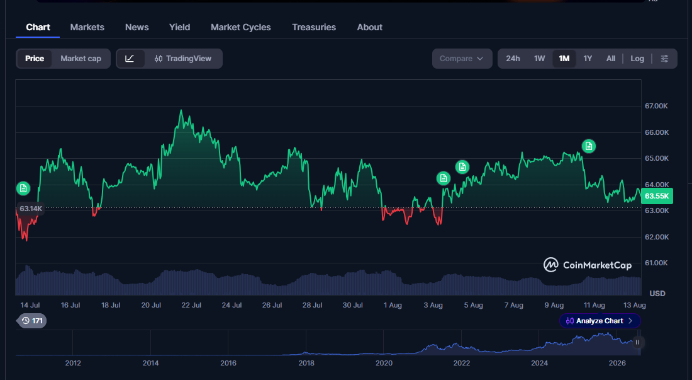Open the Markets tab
coord(87,27)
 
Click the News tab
coord(137,27)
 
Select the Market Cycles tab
coord(240,27)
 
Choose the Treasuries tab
coord(314,27)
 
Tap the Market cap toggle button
coord(81,59)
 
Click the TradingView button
coord(182,59)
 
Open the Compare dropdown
coord(462,59)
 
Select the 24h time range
coord(513,59)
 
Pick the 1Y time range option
coord(588,59)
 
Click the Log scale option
coord(637,59)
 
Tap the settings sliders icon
coord(664,59)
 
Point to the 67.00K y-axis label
coord(656,106)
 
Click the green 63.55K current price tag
coord(657,196)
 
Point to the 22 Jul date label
coord(191,306)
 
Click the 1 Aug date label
coord(393,306)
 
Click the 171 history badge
coord(32,321)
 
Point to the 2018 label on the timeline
coord(306,363)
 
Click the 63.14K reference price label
coord(30,209)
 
